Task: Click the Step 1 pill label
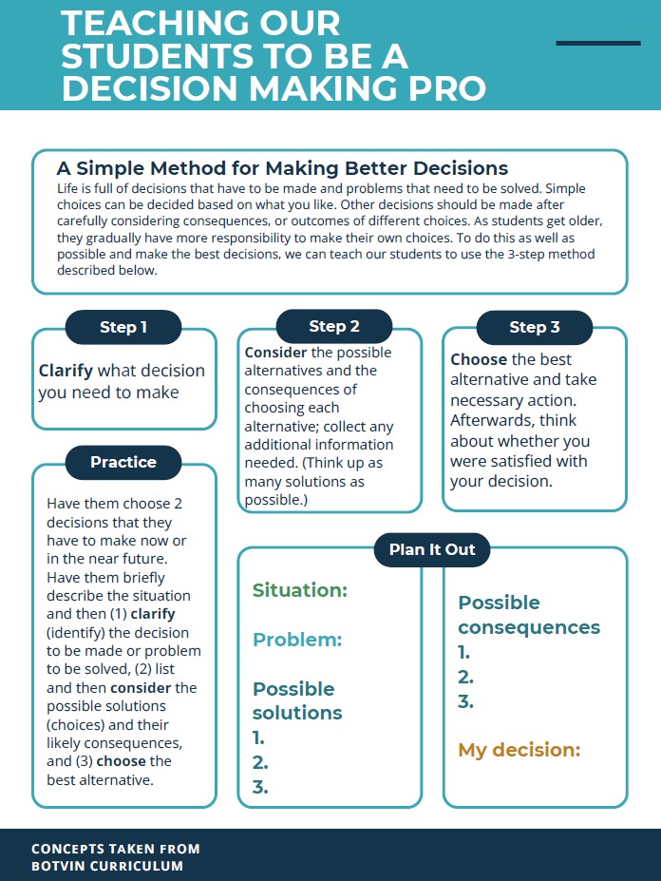click(123, 328)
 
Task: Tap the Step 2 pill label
click(334, 327)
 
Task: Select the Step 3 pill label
click(535, 328)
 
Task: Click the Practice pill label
click(123, 463)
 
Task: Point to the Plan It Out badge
click(432, 549)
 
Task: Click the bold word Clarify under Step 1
click(66, 371)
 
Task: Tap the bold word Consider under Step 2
click(275, 353)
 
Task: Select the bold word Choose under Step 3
click(479, 360)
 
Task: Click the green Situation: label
click(300, 590)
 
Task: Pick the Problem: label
click(296, 640)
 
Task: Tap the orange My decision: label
click(519, 750)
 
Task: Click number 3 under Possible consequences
click(465, 702)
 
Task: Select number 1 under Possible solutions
click(258, 738)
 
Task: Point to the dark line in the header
click(598, 43)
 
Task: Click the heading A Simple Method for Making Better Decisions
click(282, 168)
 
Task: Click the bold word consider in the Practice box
click(142, 687)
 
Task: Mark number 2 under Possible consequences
click(465, 678)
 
